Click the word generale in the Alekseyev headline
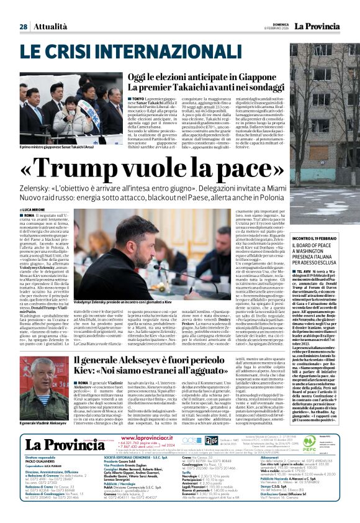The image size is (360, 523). coord(115,360)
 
